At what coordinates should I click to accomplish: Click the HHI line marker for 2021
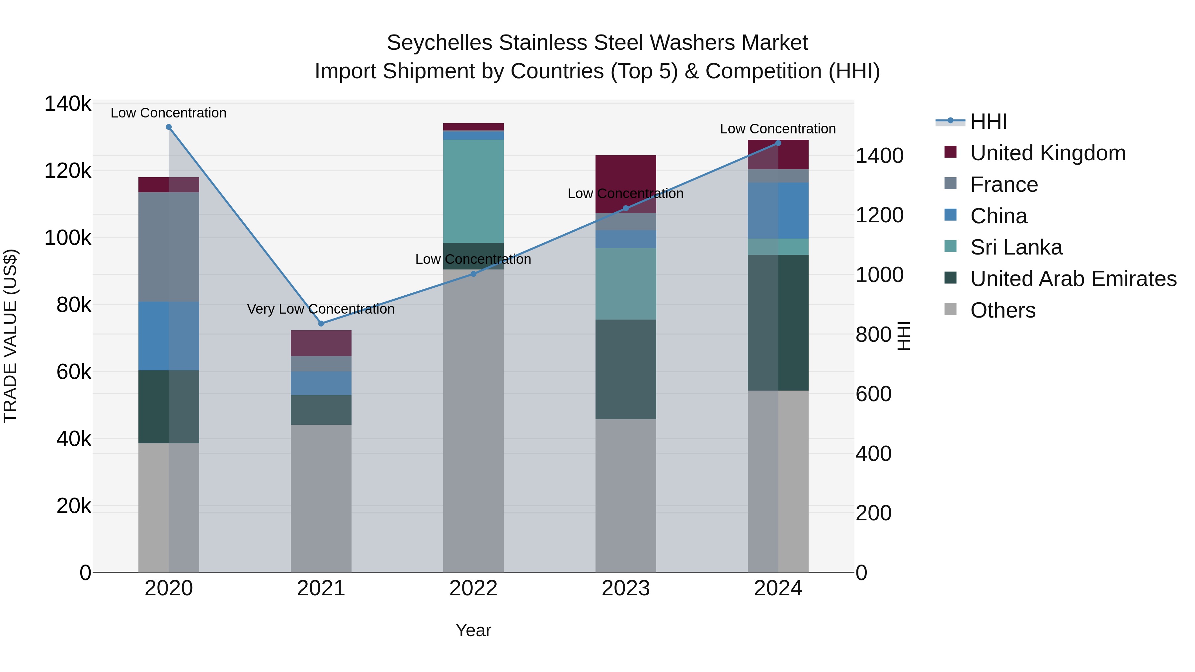coord(321,323)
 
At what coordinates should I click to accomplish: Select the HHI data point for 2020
coord(169,127)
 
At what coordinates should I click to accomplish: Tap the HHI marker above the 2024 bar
coord(778,143)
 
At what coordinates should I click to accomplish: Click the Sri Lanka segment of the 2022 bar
coord(473,191)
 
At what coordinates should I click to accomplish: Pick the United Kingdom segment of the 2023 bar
coord(625,176)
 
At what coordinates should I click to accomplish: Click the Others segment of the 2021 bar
coord(321,498)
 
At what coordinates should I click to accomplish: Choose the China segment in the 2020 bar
coord(169,336)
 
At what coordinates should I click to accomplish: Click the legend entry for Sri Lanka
coord(1016,248)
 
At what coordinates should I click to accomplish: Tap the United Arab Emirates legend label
coord(1073,279)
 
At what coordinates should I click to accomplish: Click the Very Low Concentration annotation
coord(321,309)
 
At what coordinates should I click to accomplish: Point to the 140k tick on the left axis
coord(68,104)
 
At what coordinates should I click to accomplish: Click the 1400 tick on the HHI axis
coord(879,156)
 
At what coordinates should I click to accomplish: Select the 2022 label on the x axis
coord(473,588)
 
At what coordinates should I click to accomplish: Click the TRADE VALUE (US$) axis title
coord(10,336)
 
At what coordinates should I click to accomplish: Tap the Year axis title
coord(473,630)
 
